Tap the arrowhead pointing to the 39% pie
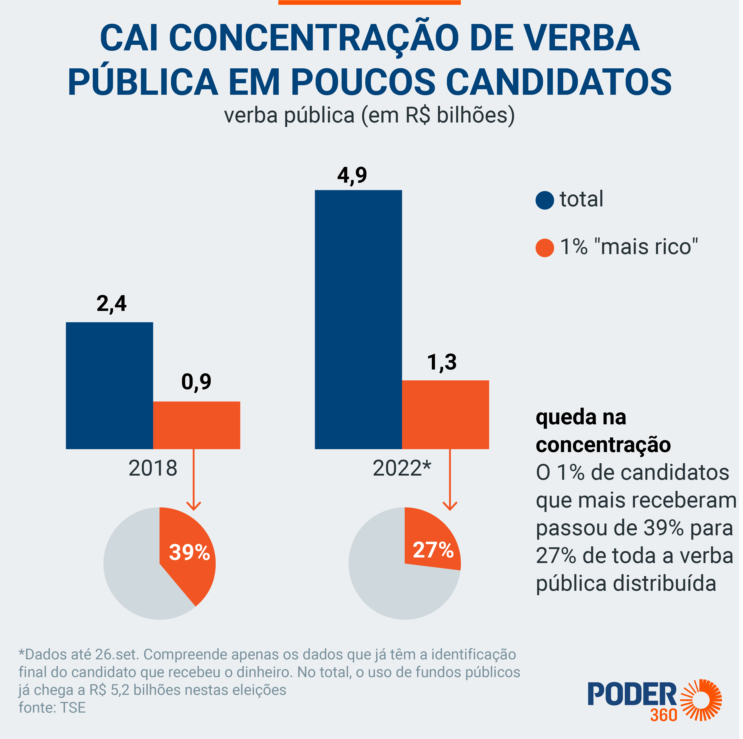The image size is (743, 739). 194,506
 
